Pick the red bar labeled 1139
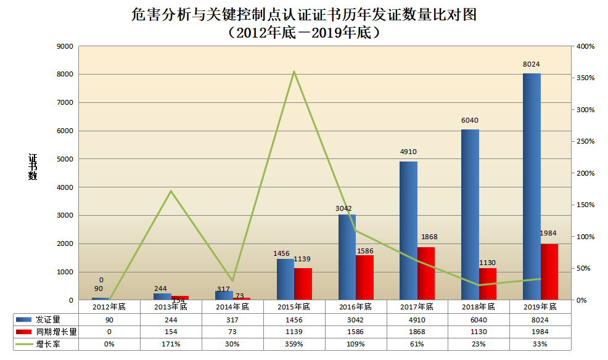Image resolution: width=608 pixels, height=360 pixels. pos(303,284)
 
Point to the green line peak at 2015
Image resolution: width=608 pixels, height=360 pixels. pos(294,72)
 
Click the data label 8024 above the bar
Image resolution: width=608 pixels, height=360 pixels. pos(532,64)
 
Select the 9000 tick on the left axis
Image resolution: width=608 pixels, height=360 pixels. pos(65,46)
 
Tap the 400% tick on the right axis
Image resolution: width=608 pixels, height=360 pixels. pos(585,46)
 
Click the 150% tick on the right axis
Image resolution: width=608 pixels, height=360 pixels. pos(585,205)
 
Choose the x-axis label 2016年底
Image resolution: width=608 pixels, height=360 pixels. pos(356,306)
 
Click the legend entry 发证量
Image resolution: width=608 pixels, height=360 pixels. pos(47,320)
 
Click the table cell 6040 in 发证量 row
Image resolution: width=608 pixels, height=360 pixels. pos(479,320)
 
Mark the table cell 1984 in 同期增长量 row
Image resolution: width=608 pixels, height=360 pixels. pos(540,332)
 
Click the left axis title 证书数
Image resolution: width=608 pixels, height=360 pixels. pos(33,166)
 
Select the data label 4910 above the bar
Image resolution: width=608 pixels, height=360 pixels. pos(408,151)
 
